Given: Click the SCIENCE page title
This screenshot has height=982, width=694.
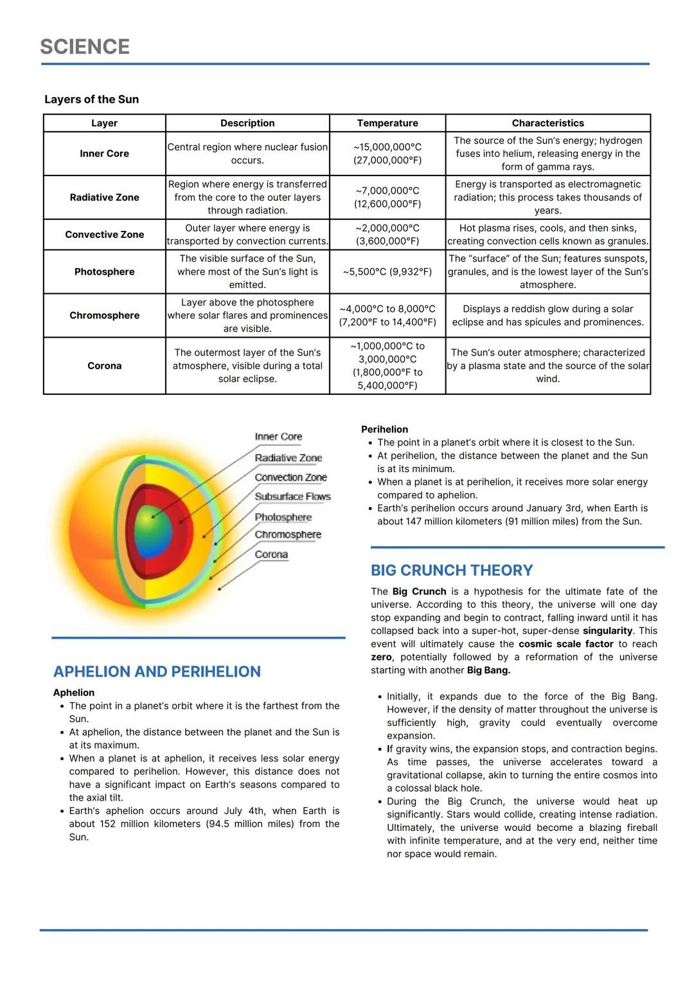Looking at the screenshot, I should click(x=85, y=47).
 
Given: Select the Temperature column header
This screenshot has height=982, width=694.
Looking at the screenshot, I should click(x=387, y=123).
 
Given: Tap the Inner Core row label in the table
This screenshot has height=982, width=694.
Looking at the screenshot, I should click(x=104, y=154).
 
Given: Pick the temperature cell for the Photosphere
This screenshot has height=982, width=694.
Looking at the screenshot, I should click(x=387, y=272).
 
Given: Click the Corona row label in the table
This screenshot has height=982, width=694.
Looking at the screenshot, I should click(x=104, y=366).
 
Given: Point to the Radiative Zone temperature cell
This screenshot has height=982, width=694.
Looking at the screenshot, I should click(x=387, y=197).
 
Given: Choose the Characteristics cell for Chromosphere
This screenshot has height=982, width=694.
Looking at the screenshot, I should click(x=547, y=316).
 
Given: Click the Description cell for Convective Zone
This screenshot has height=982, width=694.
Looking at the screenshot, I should click(x=247, y=235).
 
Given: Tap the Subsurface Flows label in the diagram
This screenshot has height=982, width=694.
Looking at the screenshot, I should click(x=292, y=496).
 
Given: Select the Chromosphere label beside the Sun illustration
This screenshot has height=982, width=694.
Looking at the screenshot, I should click(x=287, y=534).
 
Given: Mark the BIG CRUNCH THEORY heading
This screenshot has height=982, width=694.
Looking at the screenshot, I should click(x=452, y=570).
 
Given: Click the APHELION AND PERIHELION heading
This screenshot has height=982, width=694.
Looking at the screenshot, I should click(x=157, y=671).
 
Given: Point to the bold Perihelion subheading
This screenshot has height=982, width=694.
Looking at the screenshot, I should click(x=384, y=430).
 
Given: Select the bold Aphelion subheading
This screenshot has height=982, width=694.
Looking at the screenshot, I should click(x=74, y=693).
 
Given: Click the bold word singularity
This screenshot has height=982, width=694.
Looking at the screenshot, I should click(x=607, y=631).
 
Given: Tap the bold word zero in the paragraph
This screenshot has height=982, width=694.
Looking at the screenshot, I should click(x=381, y=657).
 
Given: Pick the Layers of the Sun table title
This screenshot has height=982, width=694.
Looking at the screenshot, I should click(x=91, y=100).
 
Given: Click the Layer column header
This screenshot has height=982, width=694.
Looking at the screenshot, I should click(x=104, y=123).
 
